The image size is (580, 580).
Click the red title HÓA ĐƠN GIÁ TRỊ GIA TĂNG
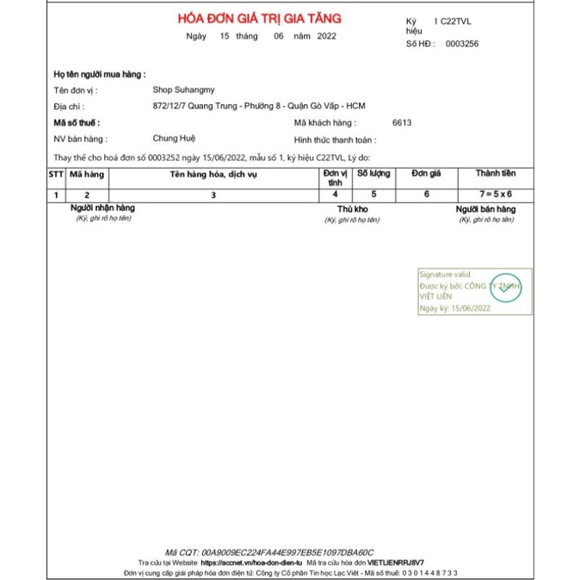coord(260,18)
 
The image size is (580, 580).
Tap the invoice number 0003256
coord(462,43)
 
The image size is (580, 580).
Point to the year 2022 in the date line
coord(326,36)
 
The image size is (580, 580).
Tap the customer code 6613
coord(402,122)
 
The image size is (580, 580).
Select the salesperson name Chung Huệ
coord(172,139)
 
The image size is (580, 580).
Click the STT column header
coord(56,174)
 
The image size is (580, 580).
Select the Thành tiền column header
coord(496,174)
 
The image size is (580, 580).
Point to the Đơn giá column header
coord(426,174)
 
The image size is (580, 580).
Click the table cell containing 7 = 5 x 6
coord(496,195)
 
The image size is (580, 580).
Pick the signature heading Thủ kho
coord(353,209)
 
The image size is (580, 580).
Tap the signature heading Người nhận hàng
coord(102,208)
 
